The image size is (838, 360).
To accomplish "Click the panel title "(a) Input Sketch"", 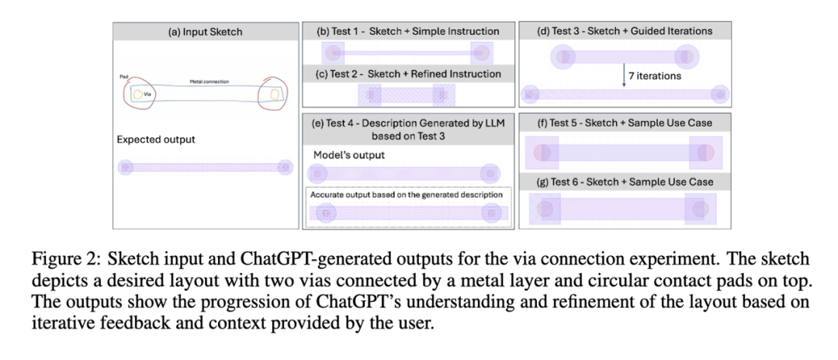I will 206,32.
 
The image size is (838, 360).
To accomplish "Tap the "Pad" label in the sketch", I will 124,77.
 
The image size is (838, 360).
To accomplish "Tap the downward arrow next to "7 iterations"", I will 624,75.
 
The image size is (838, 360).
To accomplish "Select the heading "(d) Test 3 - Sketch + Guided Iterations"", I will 624,32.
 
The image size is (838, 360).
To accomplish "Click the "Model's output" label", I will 349,155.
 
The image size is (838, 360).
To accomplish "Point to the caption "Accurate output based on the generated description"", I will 406,194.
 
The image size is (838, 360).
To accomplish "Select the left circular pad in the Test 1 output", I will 334,53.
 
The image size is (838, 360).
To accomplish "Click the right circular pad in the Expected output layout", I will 285,167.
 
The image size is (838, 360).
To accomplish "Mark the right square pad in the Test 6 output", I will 700,208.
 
